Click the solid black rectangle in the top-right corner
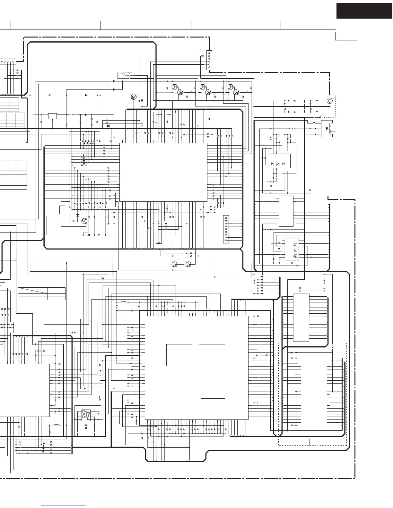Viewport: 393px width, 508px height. click(x=364, y=11)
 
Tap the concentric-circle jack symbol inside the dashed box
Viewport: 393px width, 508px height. click(x=329, y=101)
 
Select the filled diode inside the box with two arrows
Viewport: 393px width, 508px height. click(x=327, y=128)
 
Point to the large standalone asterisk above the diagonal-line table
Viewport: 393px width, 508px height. click(x=103, y=278)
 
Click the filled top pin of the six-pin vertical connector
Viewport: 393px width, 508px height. click(x=209, y=53)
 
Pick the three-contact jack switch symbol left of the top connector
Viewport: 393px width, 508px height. click(x=124, y=75)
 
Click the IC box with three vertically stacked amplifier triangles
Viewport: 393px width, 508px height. click(x=292, y=249)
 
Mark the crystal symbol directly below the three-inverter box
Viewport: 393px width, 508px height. click(x=86, y=428)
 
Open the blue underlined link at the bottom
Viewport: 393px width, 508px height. click(x=64, y=506)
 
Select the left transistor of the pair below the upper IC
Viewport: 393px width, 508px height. click(x=175, y=264)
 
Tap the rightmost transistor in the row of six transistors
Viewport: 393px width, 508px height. click(x=236, y=92)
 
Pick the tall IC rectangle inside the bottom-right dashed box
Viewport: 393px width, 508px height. click(x=314, y=391)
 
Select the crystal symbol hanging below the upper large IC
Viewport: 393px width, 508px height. click(x=159, y=243)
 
